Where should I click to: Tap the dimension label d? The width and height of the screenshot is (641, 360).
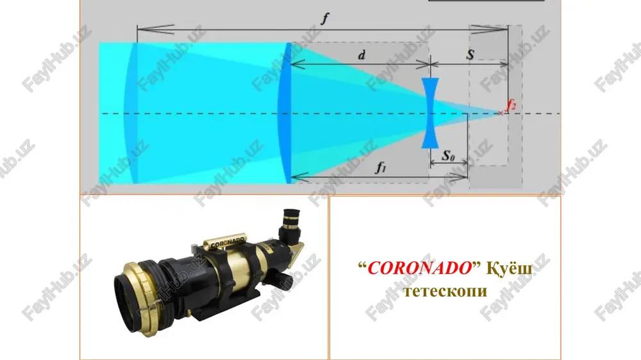(362, 54)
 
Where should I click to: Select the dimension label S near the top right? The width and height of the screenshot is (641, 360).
(470, 54)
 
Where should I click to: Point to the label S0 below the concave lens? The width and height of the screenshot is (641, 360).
(449, 155)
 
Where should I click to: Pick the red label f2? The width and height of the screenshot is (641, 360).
(511, 104)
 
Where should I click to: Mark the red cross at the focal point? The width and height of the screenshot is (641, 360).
(501, 113)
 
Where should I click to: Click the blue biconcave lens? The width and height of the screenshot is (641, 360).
(430, 113)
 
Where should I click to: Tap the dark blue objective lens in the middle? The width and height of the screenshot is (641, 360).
(285, 113)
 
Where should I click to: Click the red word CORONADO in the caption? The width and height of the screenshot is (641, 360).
(419, 268)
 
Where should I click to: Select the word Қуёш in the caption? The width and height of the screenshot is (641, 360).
(509, 268)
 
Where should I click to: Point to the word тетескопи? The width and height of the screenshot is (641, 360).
(445, 291)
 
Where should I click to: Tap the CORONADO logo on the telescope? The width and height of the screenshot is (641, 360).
(228, 242)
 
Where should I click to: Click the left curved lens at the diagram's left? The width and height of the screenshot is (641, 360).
(131, 113)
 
